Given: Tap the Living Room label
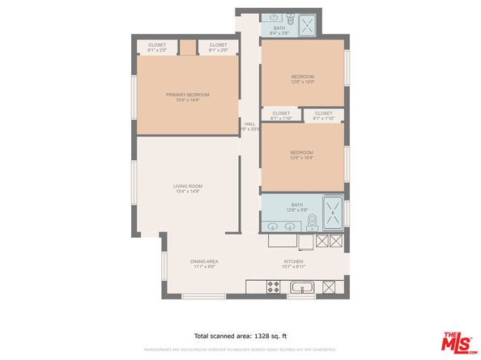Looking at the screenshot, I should click(x=187, y=188).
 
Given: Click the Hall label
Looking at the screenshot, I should click(x=249, y=126).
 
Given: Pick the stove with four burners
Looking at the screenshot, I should click(x=273, y=286).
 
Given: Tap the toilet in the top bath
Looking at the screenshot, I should click(x=293, y=17).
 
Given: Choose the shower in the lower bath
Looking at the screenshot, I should click(x=333, y=211).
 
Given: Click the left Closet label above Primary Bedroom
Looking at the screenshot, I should click(x=156, y=47).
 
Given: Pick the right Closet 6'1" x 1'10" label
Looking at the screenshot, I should click(x=323, y=115).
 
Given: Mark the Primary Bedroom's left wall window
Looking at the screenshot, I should click(x=134, y=96).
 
